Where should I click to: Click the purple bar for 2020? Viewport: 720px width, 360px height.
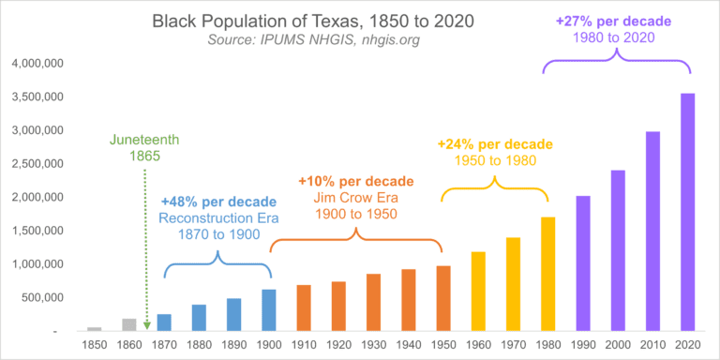pyautogui.click(x=687, y=213)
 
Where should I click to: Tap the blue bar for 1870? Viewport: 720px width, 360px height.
pyautogui.click(x=164, y=322)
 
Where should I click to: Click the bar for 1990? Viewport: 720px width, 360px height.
pyautogui.click(x=583, y=263)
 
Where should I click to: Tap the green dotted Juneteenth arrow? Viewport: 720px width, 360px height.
pyautogui.click(x=147, y=244)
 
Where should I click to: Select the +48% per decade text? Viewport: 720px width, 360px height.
pyautogui.click(x=218, y=202)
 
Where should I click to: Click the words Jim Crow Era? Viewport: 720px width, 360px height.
pyautogui.click(x=355, y=197)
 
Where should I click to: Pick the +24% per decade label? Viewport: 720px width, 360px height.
pyautogui.click(x=495, y=145)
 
